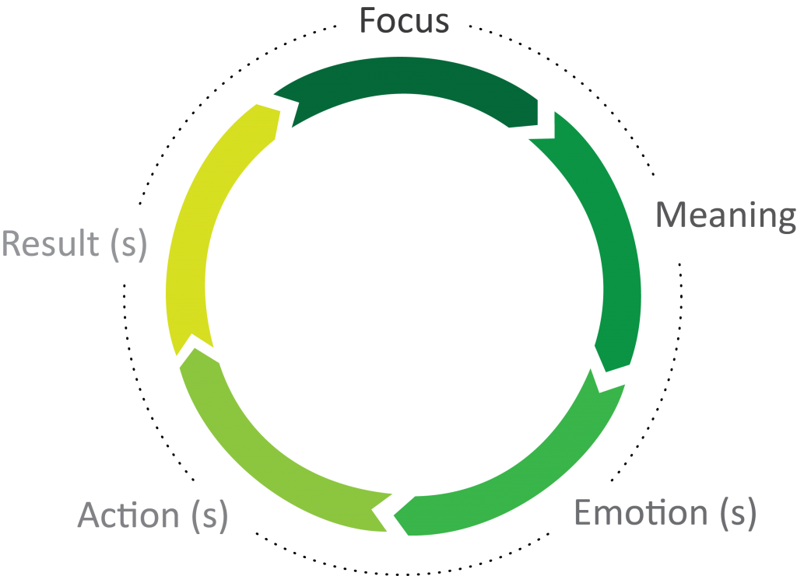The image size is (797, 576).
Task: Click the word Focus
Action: [404, 20]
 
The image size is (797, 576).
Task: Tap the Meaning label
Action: [725, 215]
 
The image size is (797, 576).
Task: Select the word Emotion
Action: [641, 513]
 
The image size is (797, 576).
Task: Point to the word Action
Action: [128, 515]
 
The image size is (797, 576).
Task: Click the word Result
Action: [51, 243]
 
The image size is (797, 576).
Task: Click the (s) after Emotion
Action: [735, 514]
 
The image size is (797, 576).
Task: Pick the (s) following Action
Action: [206, 516]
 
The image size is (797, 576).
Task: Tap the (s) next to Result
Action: [127, 244]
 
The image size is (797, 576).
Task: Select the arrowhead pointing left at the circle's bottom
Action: [395, 513]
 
